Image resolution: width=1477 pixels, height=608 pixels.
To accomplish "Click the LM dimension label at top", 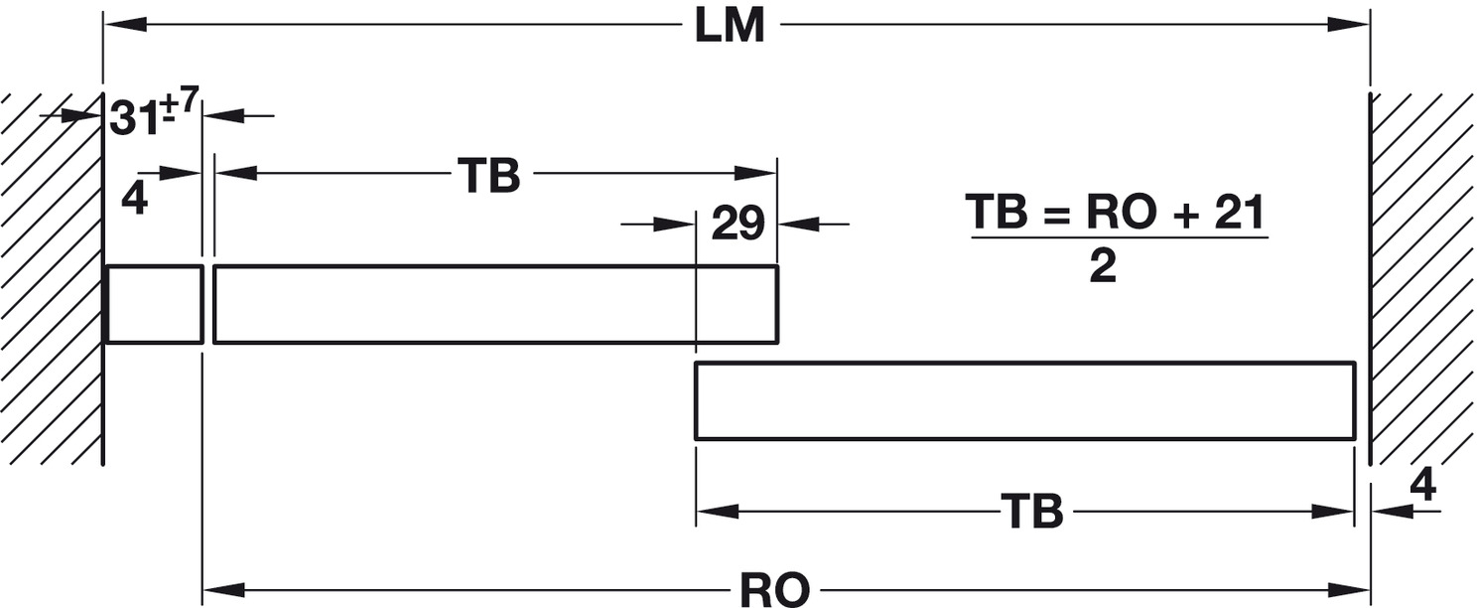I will tap(730, 26).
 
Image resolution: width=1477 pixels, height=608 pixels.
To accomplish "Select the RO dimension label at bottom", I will tap(775, 590).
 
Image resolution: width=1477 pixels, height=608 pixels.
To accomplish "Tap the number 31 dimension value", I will tap(134, 119).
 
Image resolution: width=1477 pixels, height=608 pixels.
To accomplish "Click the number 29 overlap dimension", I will tap(738, 226).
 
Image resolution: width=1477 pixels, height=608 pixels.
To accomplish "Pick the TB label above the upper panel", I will tap(489, 177).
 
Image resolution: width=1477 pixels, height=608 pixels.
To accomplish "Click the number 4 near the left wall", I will tap(135, 200).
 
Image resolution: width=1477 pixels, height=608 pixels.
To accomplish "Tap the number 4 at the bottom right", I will tap(1422, 485).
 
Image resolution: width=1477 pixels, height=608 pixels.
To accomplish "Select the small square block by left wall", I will tap(154, 304).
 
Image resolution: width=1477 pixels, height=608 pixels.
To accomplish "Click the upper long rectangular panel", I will tap(494, 304).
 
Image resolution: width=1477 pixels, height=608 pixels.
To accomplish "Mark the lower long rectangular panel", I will tap(1024, 400).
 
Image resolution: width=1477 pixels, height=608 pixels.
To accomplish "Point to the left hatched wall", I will tap(50, 278).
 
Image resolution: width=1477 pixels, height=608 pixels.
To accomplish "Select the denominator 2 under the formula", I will tap(1103, 266).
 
